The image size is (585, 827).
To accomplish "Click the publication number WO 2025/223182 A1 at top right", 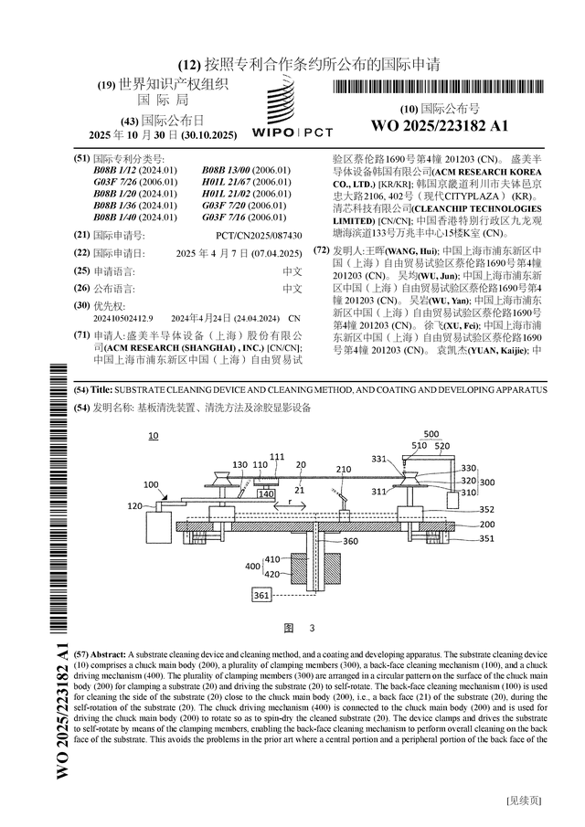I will [x=440, y=125].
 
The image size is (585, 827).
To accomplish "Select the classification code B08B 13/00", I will [x=233, y=171].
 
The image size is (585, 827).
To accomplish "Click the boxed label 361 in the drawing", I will [x=261, y=596].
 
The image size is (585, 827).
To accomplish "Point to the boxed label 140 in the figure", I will [x=265, y=494].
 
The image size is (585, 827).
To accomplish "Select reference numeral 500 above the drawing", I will [x=431, y=435].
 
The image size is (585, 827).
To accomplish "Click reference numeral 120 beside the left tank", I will [x=134, y=505].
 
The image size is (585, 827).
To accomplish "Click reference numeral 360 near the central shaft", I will [x=350, y=541].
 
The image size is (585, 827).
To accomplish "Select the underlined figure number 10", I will [x=153, y=437].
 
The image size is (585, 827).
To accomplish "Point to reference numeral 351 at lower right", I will [x=486, y=539].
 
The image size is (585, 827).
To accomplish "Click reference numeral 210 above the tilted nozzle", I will [x=344, y=469].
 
